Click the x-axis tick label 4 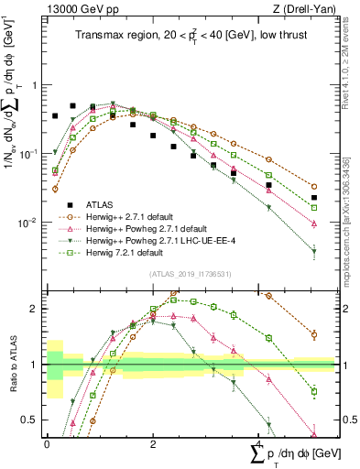258,443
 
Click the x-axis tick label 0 47,443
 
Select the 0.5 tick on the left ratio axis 34,420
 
